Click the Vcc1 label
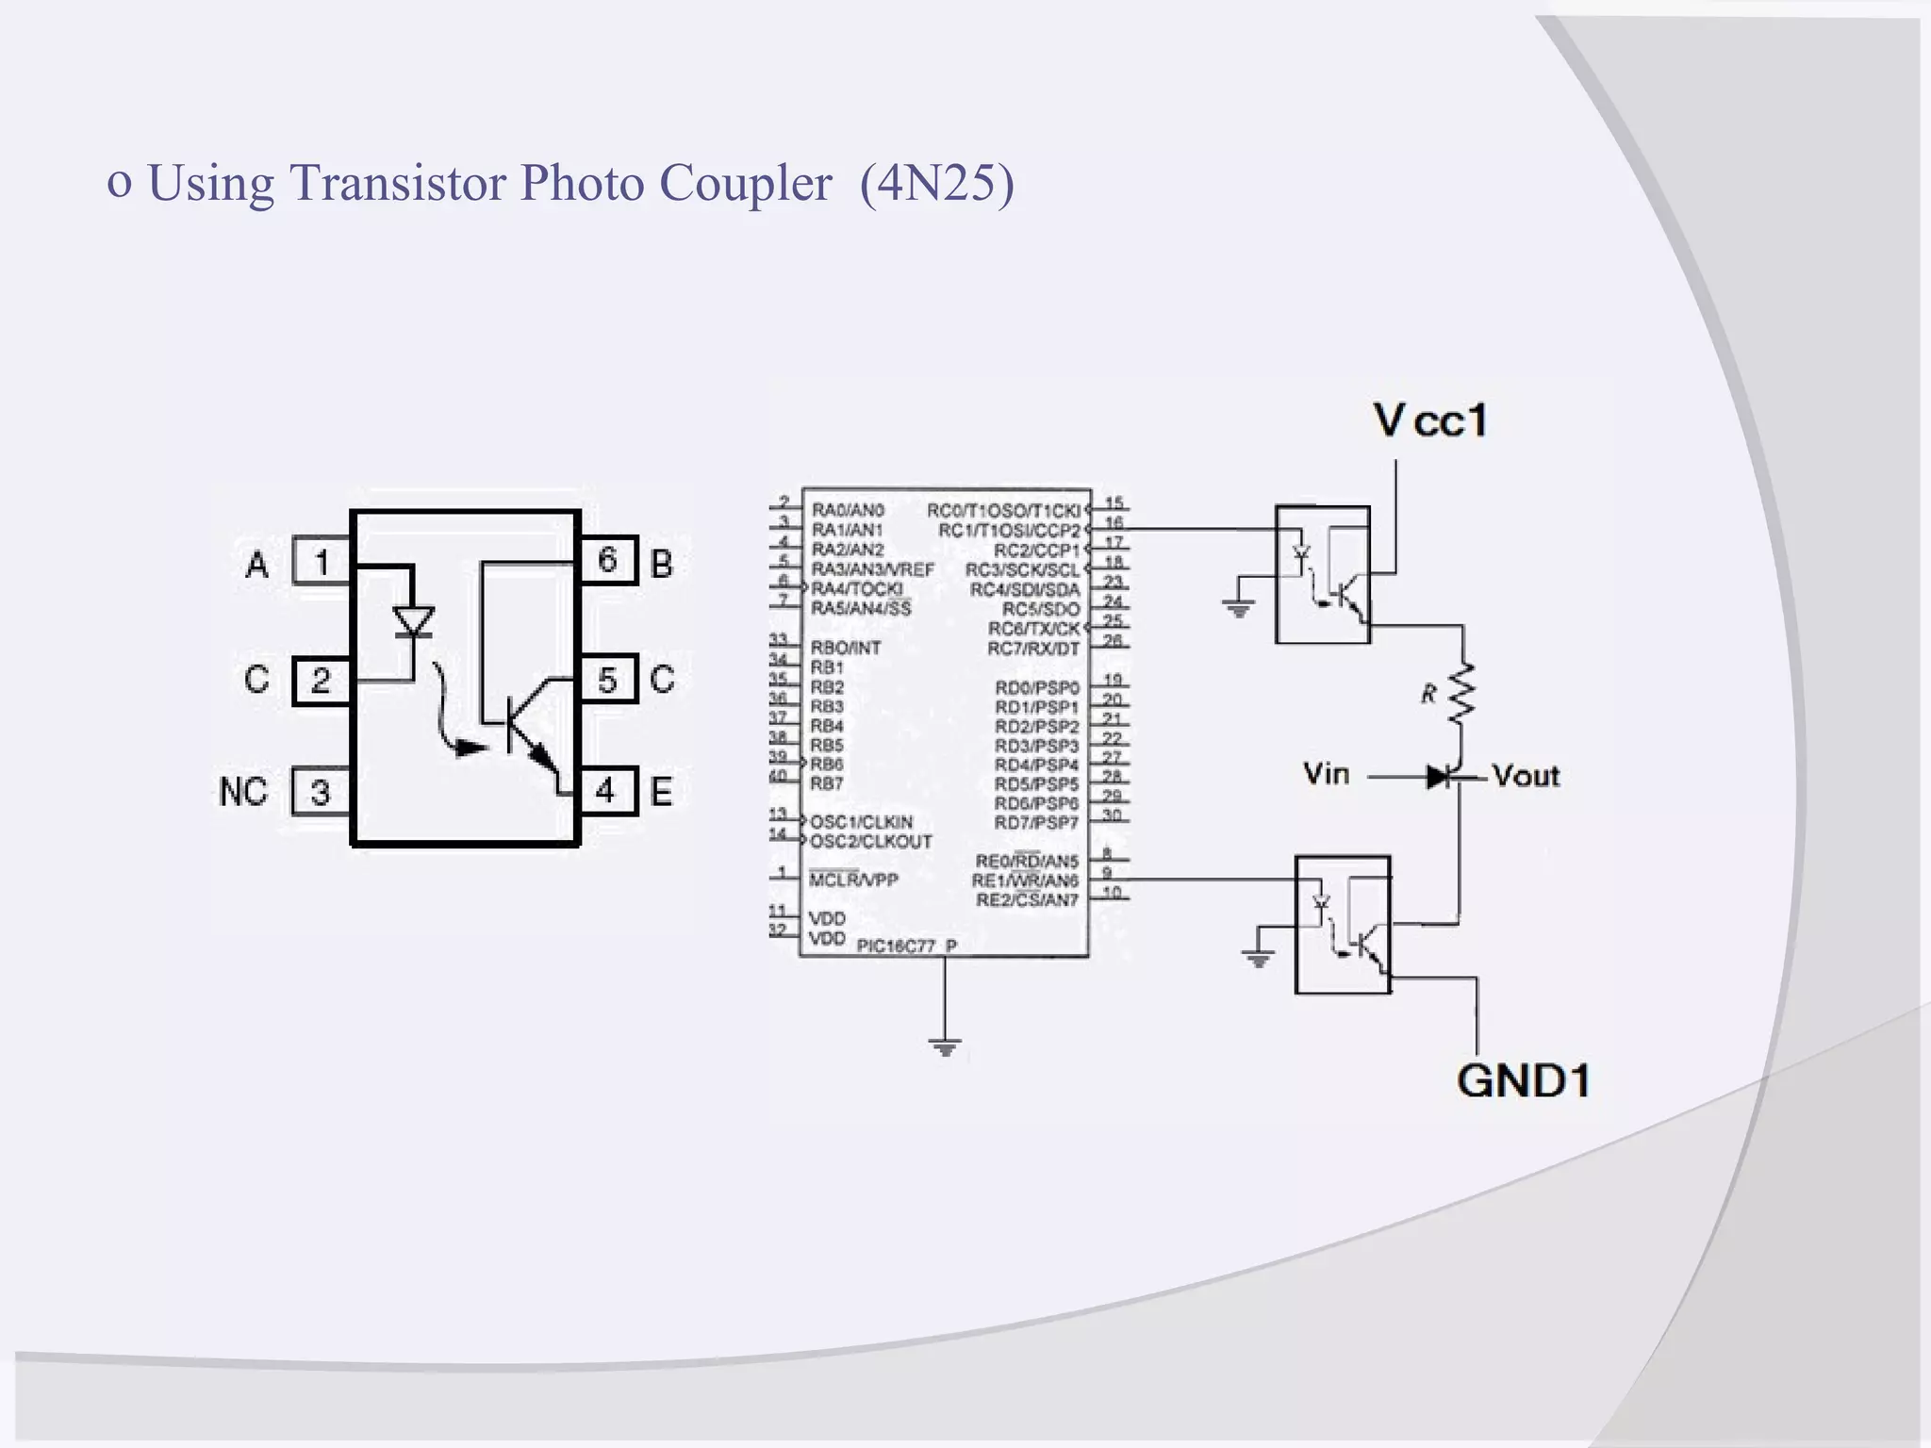1430,420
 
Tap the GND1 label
1523,1080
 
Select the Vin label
1326,775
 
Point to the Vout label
1526,776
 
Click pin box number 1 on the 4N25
321,562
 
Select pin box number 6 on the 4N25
607,561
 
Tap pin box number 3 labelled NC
321,792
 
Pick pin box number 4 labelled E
607,790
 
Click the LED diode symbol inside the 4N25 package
413,622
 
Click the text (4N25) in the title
936,182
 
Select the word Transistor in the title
398,182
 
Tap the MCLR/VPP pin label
853,880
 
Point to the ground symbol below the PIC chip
945,1046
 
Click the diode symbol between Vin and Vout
1440,777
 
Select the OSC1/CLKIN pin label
861,822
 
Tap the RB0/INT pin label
846,648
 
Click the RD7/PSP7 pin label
1036,823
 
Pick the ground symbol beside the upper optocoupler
1239,608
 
